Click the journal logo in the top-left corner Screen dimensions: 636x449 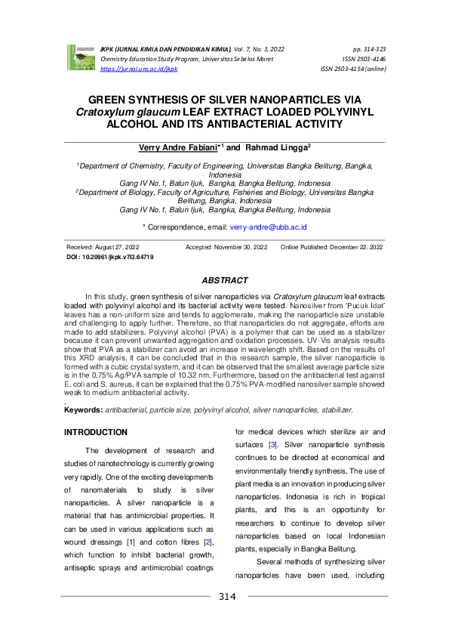tap(80, 57)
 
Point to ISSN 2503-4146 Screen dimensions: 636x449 tap(364, 57)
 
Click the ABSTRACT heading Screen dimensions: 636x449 tap(224, 280)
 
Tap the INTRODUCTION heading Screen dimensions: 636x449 tap(96, 432)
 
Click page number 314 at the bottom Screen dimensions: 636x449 tap(227, 597)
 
